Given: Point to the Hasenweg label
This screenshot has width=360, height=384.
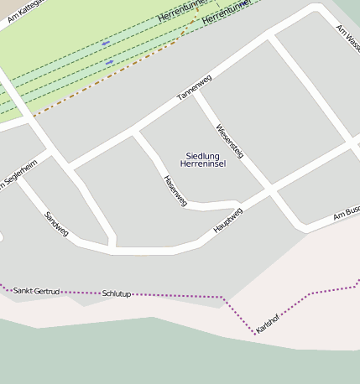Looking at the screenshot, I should click(175, 190).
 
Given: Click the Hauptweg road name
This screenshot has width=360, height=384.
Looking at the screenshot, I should click(227, 220).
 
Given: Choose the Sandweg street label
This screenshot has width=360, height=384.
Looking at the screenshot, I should click(56, 224).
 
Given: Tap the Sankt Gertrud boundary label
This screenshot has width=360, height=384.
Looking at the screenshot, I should click(36, 290).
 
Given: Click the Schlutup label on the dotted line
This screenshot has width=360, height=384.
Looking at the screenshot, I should click(117, 293).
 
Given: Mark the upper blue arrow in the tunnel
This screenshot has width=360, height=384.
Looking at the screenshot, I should click(106, 43).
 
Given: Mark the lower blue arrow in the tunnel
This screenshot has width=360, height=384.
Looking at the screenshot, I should click(110, 62).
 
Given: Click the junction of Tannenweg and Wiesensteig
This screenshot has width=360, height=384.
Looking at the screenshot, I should click(198, 93).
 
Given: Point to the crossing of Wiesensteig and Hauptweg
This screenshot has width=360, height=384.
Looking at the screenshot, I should click(270, 189).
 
